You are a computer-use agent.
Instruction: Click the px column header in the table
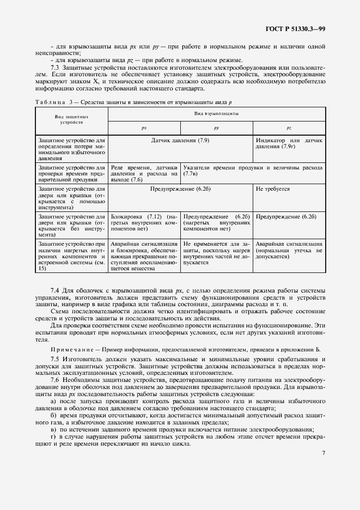[144, 127]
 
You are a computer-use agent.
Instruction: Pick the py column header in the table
[216, 127]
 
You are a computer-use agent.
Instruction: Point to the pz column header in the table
[289, 127]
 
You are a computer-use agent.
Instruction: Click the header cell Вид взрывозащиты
[216, 113]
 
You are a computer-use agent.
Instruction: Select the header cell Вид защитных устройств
[71, 119]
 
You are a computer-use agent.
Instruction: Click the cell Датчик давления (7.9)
[180, 141]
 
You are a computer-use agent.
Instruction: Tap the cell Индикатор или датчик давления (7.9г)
[289, 144]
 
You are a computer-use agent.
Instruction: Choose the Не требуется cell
[273, 189]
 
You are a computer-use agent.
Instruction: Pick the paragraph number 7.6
[55, 379]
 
